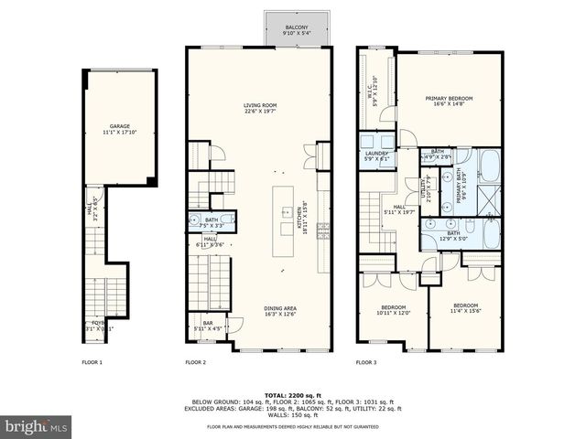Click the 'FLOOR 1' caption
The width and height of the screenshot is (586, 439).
click(92, 363)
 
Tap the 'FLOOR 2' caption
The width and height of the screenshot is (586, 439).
click(196, 363)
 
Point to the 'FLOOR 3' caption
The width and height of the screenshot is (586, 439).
click(366, 363)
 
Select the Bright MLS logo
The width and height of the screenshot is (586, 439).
click(37, 425)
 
